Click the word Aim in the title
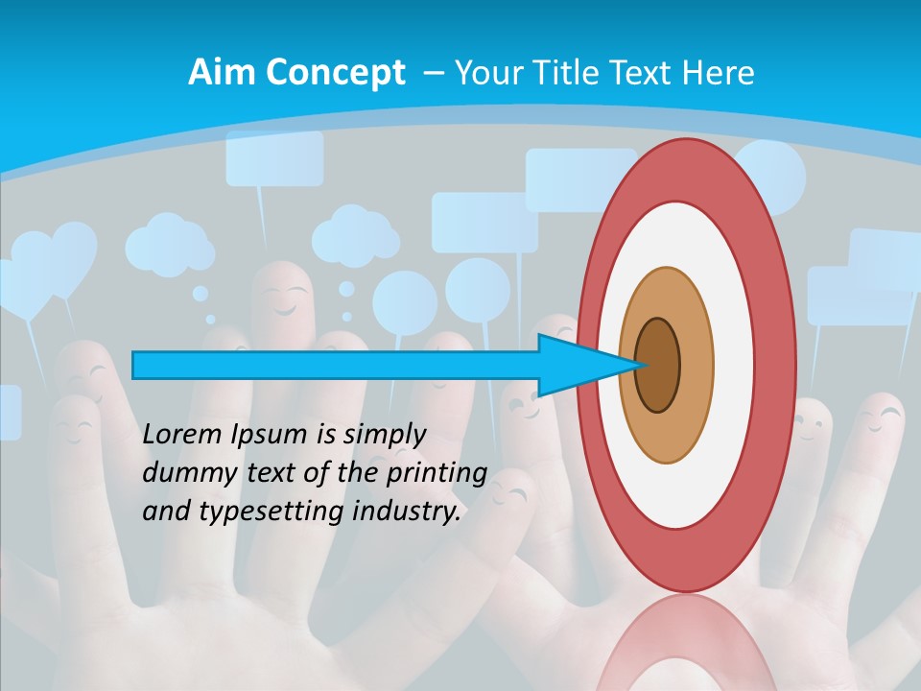pyautogui.click(x=222, y=73)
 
